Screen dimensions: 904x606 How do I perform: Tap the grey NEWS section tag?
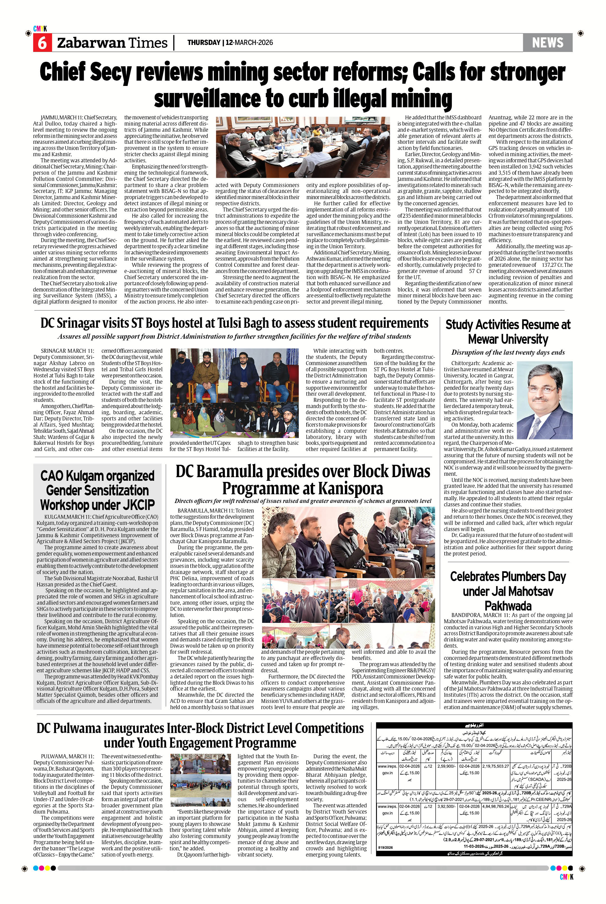pos(547,42)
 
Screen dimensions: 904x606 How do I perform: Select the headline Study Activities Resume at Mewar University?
pos(508,332)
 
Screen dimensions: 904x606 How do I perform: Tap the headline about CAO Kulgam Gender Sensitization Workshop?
pos(97,490)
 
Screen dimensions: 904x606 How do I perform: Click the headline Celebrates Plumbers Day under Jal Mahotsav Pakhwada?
pos(508,591)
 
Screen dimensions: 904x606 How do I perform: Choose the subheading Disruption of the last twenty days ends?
pos(508,352)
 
